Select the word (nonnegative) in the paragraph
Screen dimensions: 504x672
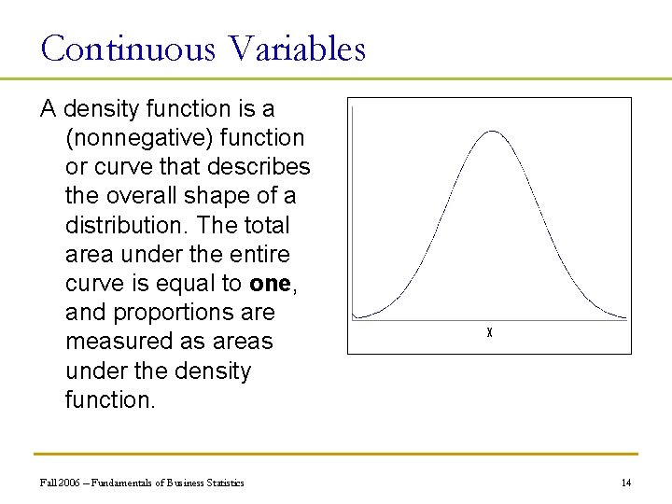(133, 138)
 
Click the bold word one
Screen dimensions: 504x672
(269, 284)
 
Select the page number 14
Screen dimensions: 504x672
(626, 483)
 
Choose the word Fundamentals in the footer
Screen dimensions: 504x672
(122, 483)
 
